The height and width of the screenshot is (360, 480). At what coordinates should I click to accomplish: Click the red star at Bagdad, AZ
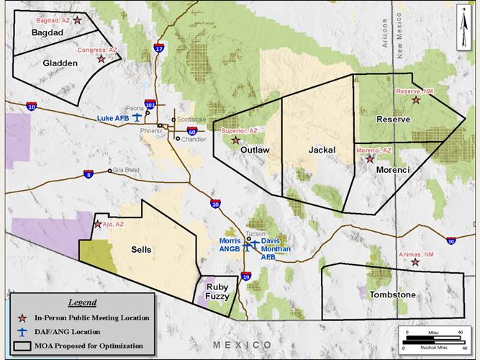click(x=78, y=22)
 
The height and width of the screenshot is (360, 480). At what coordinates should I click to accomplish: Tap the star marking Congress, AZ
click(x=101, y=58)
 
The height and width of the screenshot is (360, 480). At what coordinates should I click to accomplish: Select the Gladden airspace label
click(x=60, y=63)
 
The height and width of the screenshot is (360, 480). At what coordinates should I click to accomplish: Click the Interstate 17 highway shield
click(x=158, y=48)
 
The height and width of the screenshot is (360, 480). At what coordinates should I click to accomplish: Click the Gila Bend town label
click(x=125, y=171)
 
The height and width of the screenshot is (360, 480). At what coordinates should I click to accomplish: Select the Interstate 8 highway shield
click(x=88, y=174)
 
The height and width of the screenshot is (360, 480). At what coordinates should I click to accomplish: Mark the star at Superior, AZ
click(x=235, y=140)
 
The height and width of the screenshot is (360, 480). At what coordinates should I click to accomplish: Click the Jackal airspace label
click(x=322, y=150)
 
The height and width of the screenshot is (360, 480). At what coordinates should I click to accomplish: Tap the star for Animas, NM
click(x=415, y=262)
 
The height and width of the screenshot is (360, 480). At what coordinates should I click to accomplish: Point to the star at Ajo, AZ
click(x=97, y=224)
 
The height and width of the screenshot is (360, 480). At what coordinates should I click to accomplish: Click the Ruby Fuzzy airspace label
click(x=217, y=290)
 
